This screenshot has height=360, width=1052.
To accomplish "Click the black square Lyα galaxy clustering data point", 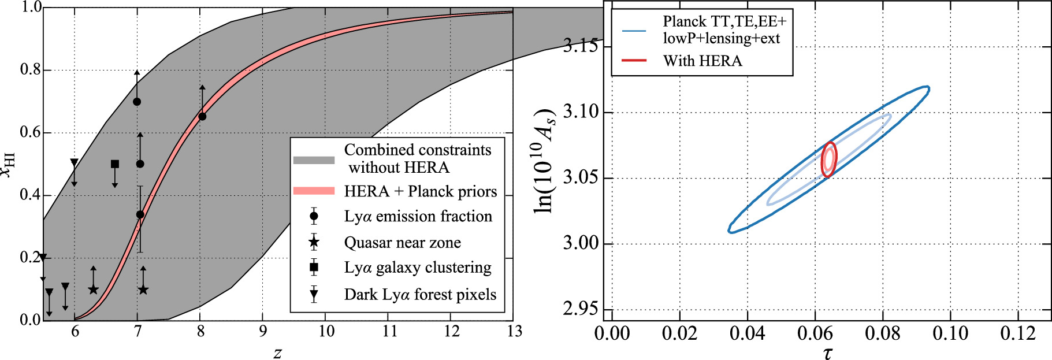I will pyautogui.click(x=115, y=164).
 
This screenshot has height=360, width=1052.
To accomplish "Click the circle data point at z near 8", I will pyautogui.click(x=202, y=116).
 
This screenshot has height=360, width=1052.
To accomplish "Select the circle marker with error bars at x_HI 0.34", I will pyautogui.click(x=140, y=214).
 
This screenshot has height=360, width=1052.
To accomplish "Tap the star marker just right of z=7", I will pyautogui.click(x=143, y=290).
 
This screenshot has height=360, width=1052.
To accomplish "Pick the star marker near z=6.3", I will pyautogui.click(x=94, y=290).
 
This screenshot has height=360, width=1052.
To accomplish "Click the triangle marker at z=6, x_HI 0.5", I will pyautogui.click(x=74, y=163).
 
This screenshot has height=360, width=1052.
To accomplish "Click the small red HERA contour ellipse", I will pyautogui.click(x=829, y=159).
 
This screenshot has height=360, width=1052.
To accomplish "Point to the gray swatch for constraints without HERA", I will pyautogui.click(x=314, y=160).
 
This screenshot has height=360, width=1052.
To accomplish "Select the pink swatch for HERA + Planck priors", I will pyautogui.click(x=314, y=191).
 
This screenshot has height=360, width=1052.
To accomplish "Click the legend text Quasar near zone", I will pyautogui.click(x=402, y=243).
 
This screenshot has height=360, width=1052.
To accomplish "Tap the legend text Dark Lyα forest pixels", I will pyautogui.click(x=420, y=295).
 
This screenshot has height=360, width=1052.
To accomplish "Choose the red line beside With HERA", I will pyautogui.click(x=634, y=60).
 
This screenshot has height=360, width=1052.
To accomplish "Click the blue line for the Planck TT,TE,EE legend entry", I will pyautogui.click(x=634, y=30).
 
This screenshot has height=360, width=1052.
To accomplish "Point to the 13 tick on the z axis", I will pyautogui.click(x=514, y=331).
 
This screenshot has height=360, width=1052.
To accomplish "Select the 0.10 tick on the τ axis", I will pyautogui.click(x=950, y=333).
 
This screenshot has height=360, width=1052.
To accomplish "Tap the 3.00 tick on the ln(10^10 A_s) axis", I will pyautogui.click(x=580, y=243).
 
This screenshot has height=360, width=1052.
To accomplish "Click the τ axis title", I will pyautogui.click(x=828, y=352).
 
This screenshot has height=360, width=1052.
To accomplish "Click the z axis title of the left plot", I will pyautogui.click(x=278, y=352).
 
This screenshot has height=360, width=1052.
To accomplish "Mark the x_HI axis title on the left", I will pyautogui.click(x=8, y=164).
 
